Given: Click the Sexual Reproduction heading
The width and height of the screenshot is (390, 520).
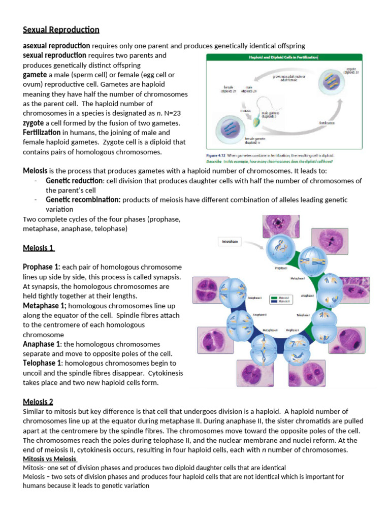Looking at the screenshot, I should [61, 29].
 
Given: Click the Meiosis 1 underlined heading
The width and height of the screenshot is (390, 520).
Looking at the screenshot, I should [39, 248].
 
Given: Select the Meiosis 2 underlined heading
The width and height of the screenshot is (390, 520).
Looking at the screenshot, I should [38, 402].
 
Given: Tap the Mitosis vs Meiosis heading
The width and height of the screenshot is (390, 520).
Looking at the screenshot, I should [49, 459].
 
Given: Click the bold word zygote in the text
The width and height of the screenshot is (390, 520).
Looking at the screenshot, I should [34, 123].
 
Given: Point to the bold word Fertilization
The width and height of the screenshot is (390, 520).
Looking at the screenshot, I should [45, 133].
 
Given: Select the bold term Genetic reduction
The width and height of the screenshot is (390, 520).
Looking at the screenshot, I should [74, 181].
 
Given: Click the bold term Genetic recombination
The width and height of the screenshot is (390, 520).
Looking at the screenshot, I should [83, 200].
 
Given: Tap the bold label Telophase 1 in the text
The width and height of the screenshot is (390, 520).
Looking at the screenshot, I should [43, 363].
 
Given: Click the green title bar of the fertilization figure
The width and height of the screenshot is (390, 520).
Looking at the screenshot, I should [283, 58].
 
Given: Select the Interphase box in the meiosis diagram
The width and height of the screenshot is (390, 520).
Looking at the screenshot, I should [230, 242].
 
